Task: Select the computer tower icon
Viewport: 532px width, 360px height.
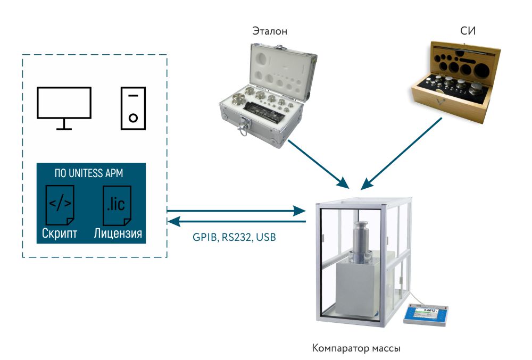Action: click(x=133, y=108)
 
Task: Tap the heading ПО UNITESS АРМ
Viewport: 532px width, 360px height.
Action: click(x=90, y=173)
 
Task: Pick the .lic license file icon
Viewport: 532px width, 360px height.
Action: click(x=117, y=205)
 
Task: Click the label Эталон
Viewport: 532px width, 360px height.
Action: click(x=270, y=31)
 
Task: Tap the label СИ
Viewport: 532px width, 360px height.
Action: click(x=468, y=31)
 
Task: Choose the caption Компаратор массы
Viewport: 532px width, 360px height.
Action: click(x=356, y=349)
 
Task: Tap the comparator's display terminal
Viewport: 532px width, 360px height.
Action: click(x=425, y=315)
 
